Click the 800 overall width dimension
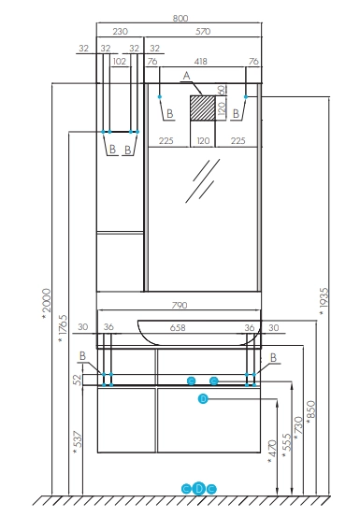[180, 19]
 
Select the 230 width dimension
[120, 32]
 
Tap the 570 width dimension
[203, 32]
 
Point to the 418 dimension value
[200, 62]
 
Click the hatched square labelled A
[202, 108]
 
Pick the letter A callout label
[187, 76]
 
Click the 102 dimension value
[120, 62]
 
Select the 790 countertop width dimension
[180, 306]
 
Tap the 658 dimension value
[178, 328]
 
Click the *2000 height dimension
[47, 303]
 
